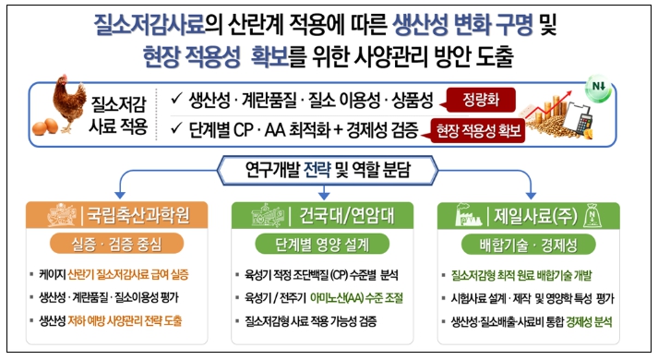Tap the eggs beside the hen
coord(45,126)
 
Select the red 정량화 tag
coord(480,100)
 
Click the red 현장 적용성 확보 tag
coord(477,131)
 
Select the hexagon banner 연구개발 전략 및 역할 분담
coord(328,171)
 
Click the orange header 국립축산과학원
coord(116,215)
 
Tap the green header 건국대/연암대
coord(322,216)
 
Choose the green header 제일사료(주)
coord(528,216)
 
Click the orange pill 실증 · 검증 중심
coord(116,244)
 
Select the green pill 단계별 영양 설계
coord(322,245)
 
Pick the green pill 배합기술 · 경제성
coord(528,245)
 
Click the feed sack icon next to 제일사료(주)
coord(592,216)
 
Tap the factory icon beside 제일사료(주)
coord(468,215)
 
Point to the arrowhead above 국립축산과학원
coord(120,196)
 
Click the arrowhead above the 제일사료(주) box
coord(531,196)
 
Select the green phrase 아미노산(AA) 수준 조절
coord(356,298)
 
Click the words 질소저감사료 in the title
coord(149,24)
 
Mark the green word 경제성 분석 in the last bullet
coord(589,322)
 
